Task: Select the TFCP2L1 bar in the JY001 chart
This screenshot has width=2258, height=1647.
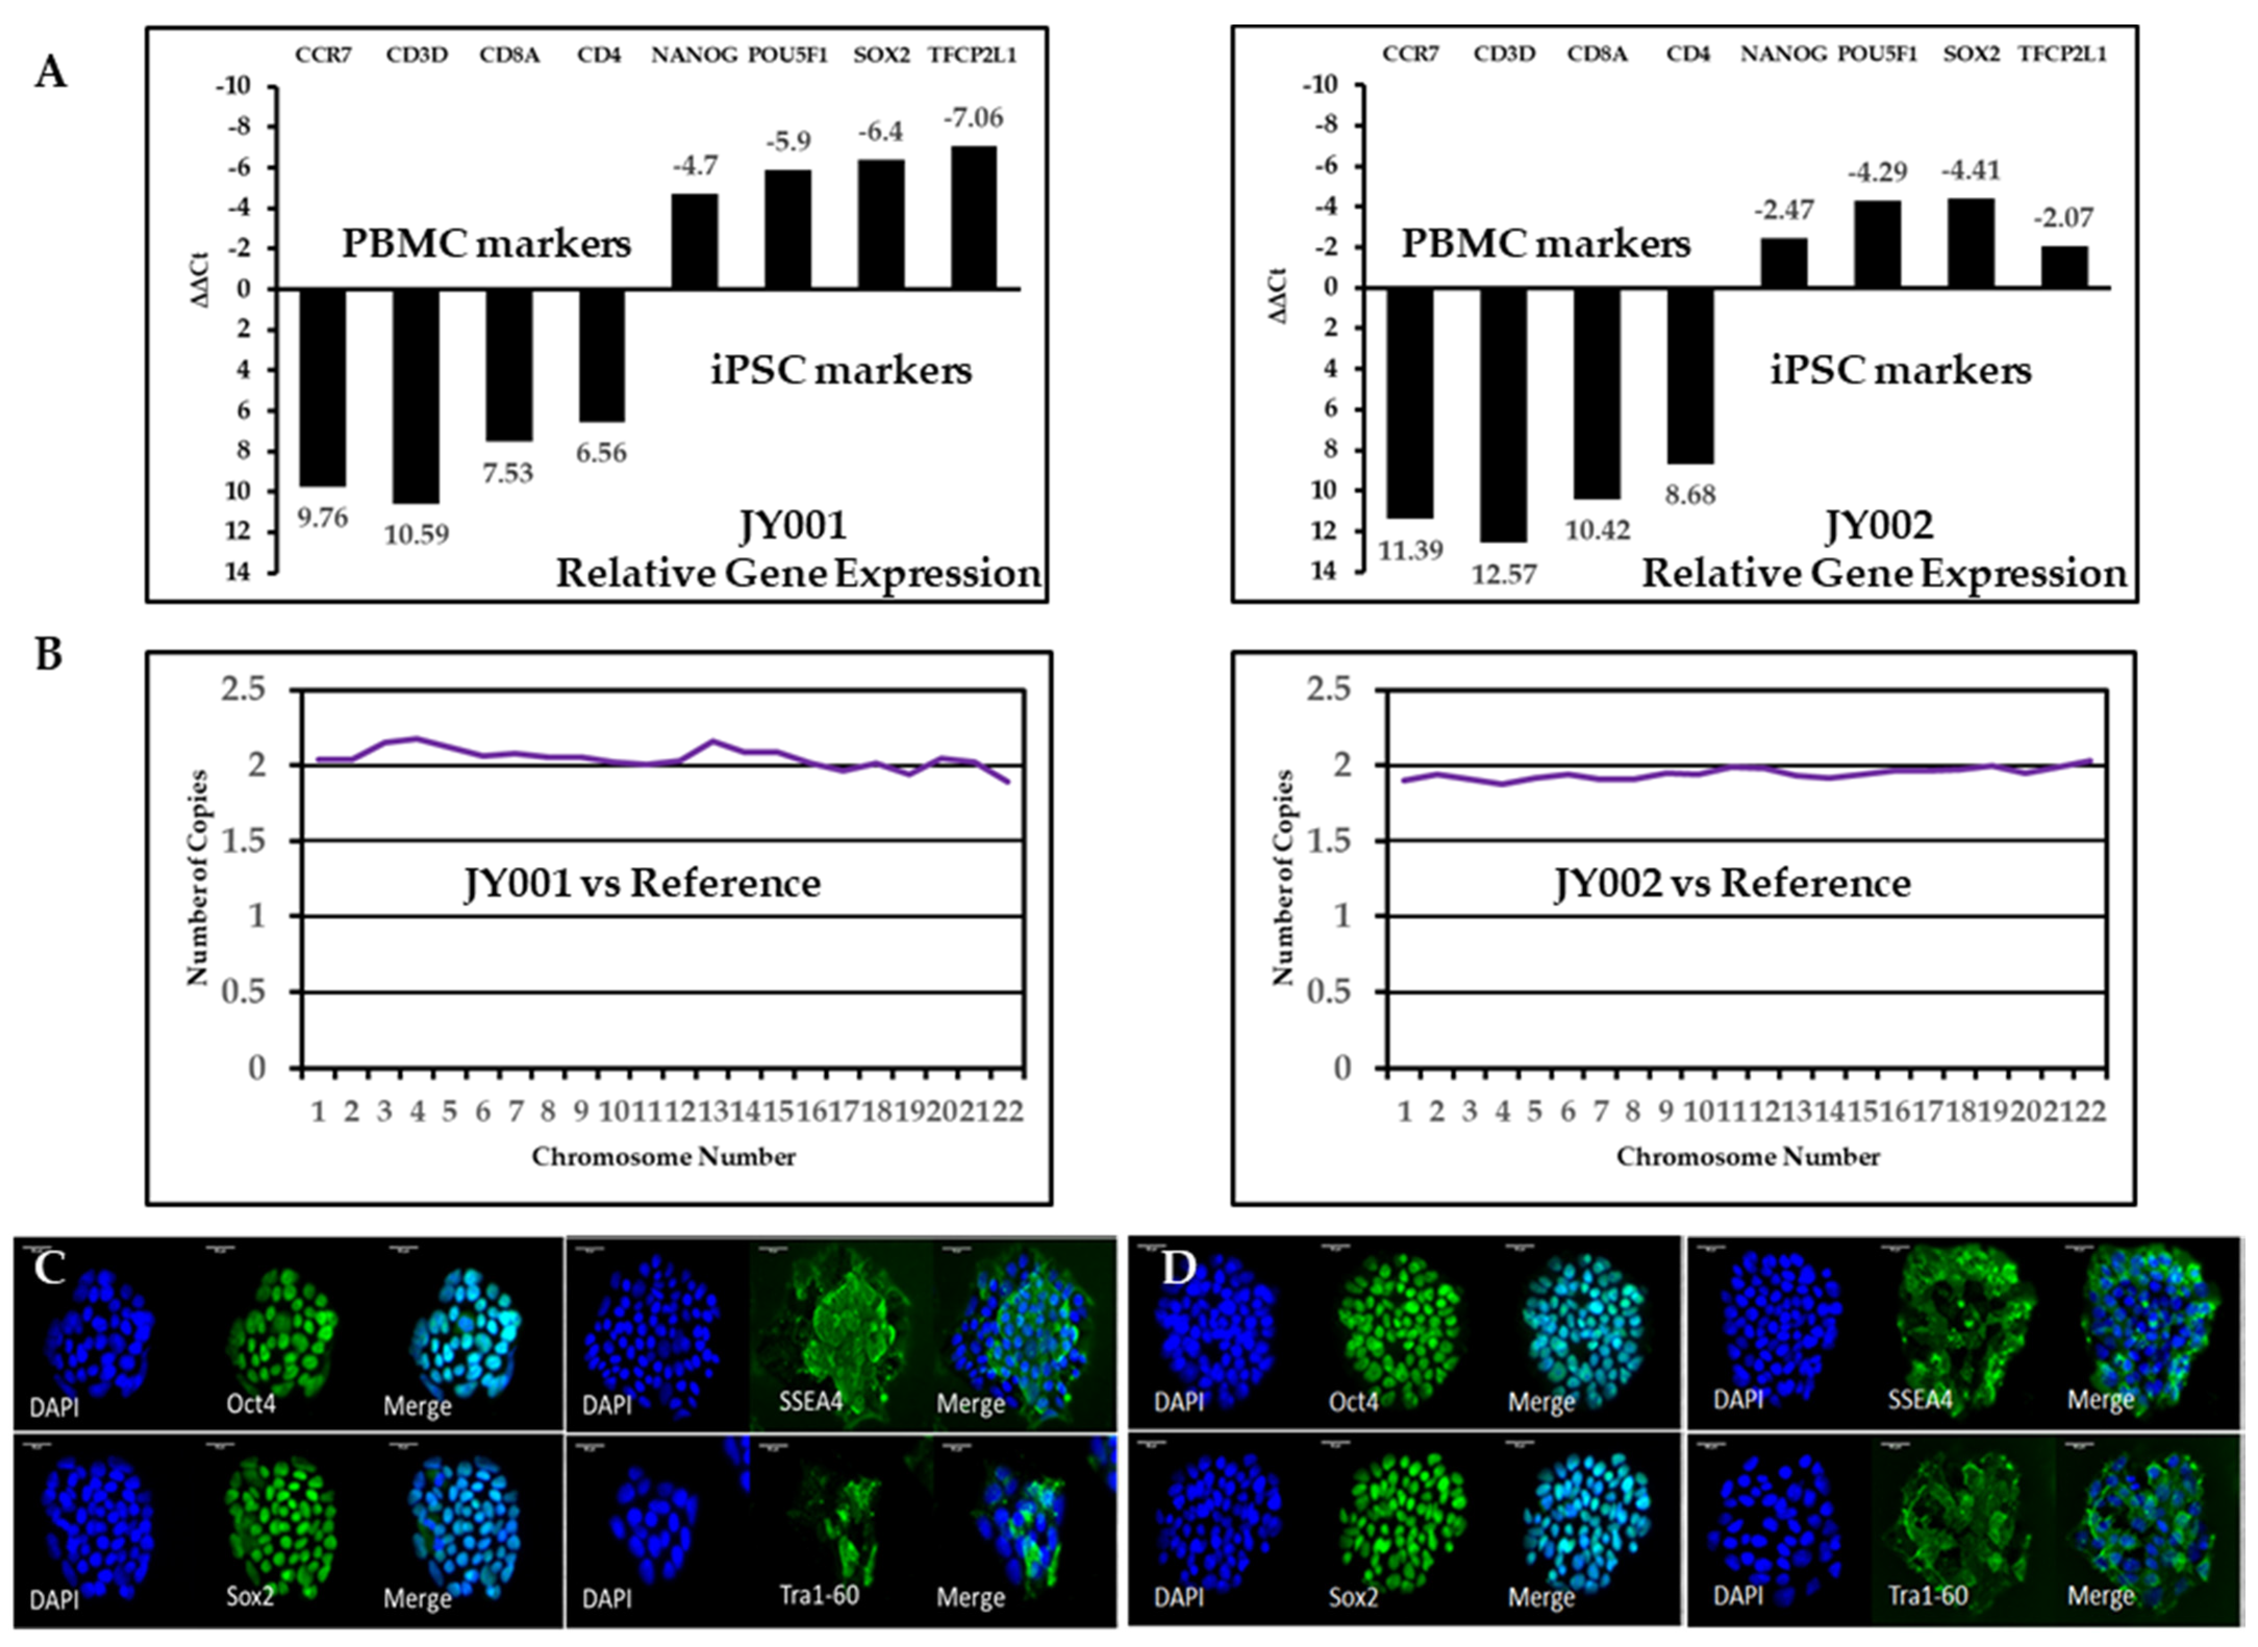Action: tap(973, 218)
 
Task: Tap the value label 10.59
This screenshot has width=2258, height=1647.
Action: tap(417, 535)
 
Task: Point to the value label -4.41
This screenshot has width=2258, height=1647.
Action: tap(1971, 171)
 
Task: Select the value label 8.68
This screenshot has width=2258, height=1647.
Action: tap(1690, 495)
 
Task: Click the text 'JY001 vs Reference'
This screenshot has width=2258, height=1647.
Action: tap(643, 883)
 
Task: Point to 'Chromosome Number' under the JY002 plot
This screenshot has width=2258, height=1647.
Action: tap(1748, 1157)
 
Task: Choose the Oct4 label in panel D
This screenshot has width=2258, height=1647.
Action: tap(1354, 1402)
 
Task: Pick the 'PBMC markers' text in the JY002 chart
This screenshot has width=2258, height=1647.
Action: tap(1546, 243)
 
